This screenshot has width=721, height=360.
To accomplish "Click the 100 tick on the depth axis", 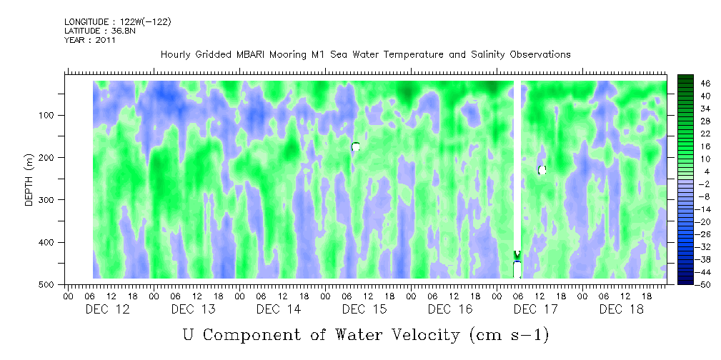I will (54, 115).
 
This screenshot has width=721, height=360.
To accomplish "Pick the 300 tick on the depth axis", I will (54, 200).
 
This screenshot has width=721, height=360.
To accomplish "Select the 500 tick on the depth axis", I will (54, 284).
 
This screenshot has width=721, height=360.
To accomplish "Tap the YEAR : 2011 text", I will (89, 40).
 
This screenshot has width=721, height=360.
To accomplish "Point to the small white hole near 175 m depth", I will (355, 146).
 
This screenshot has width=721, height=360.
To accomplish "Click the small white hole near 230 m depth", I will (542, 170).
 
